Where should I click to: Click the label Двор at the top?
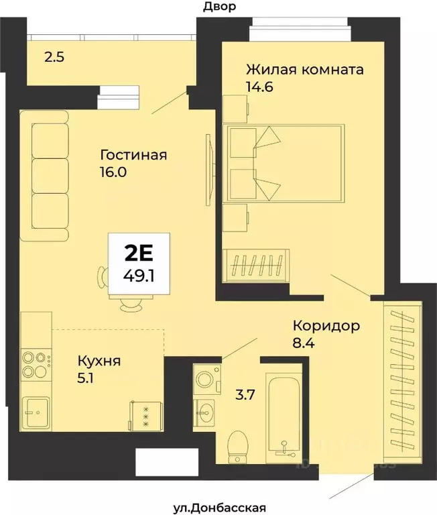click(x=218, y=7)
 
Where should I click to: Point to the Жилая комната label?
click(x=305, y=69)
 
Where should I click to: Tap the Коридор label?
click(x=326, y=327)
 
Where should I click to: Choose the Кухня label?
click(x=98, y=361)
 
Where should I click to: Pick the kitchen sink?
click(x=35, y=407)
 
